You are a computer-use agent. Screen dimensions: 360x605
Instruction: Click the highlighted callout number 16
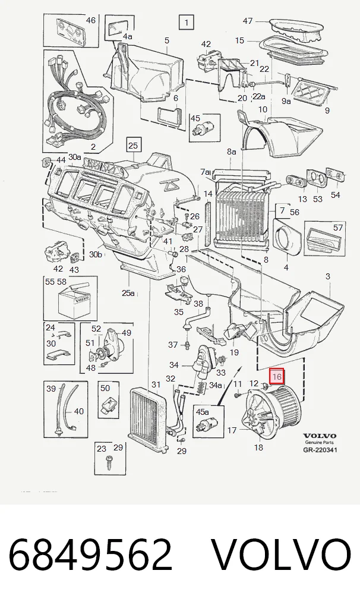(x=277, y=377)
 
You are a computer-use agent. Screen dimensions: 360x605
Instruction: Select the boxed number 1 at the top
(x=187, y=23)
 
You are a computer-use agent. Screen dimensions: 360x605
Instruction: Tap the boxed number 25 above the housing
(x=132, y=146)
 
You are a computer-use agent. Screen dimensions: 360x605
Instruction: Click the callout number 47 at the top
(x=248, y=21)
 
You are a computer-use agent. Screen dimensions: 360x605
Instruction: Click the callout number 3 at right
(x=327, y=276)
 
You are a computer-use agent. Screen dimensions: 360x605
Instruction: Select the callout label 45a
(x=202, y=412)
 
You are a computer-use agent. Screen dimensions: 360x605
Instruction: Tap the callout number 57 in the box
(x=337, y=228)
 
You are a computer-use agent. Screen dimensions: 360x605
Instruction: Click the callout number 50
(x=105, y=387)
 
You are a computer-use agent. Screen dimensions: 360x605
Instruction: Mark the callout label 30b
(x=96, y=255)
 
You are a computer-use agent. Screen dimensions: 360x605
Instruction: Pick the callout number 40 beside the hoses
(x=79, y=412)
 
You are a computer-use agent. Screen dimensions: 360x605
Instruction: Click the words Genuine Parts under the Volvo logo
(x=319, y=443)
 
